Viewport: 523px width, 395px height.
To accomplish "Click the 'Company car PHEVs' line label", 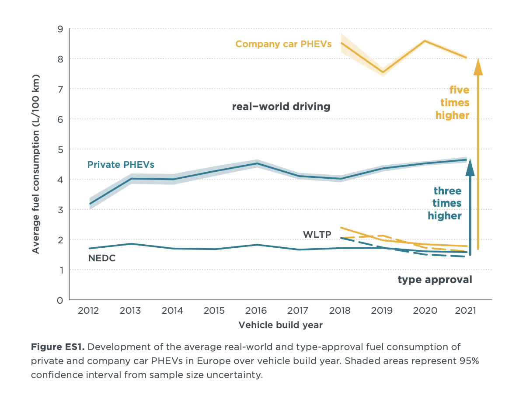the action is point(283,44).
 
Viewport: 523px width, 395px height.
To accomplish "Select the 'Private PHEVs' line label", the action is point(121,165).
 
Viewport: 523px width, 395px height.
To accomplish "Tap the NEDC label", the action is point(102,258).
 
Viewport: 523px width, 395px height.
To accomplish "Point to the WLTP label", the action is point(317,234).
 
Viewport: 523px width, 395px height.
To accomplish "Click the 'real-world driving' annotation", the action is point(281,106).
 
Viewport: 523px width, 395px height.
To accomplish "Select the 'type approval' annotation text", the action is point(435,280).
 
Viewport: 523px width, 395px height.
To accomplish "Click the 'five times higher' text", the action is point(453,102).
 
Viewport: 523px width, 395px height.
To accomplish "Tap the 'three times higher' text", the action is point(445,203).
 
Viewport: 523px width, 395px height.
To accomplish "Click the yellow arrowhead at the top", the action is point(478,67).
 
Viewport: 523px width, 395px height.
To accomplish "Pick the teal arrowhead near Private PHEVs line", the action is point(470,167).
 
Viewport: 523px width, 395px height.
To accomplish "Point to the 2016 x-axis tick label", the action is point(256,311).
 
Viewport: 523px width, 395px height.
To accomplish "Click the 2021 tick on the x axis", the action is point(465,311).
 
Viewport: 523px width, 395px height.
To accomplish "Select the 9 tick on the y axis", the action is point(60,29).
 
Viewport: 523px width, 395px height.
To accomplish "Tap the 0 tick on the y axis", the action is point(60,300).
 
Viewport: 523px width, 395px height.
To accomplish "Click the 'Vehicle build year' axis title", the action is point(280,325).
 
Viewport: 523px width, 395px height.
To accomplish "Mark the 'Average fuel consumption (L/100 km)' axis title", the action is point(36,164).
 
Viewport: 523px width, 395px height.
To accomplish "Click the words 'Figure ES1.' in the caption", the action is point(57,347).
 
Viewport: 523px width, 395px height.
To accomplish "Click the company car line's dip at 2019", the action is point(383,73).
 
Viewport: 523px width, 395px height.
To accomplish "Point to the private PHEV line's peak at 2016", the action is point(257,163).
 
